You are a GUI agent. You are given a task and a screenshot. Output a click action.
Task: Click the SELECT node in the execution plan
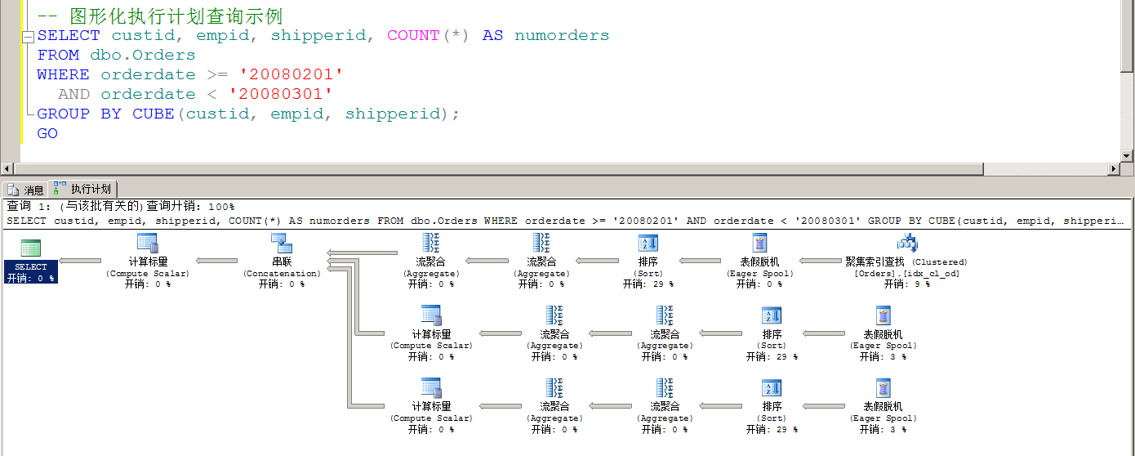point(30,261)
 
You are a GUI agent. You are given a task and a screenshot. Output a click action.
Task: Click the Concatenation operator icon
point(282,243)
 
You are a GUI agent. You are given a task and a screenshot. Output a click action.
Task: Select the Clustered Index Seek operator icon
point(907,243)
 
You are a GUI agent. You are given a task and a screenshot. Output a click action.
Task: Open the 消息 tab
point(26,190)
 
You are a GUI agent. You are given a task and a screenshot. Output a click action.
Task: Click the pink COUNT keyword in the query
point(413,35)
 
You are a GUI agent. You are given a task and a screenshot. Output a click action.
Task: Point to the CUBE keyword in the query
point(153,114)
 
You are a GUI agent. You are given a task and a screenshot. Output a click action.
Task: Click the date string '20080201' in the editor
point(291,74)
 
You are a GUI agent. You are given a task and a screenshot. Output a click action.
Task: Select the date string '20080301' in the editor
point(280,94)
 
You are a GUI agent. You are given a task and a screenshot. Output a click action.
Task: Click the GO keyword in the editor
point(47,133)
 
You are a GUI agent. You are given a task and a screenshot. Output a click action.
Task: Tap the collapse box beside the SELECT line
point(29,37)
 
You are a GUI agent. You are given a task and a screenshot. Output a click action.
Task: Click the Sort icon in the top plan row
point(648,243)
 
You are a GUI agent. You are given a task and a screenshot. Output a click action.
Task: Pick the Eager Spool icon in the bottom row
point(884,388)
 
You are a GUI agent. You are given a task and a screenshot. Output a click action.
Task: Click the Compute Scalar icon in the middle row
point(431,315)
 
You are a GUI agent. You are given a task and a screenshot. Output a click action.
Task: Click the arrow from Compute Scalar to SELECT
point(80,261)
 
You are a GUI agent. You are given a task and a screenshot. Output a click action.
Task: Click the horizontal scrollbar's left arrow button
point(7,168)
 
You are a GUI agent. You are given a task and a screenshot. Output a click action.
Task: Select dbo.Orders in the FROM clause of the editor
point(142,55)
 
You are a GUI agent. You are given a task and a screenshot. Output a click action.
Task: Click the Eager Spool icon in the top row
point(759,243)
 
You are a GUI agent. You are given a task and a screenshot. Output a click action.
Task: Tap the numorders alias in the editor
point(562,35)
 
